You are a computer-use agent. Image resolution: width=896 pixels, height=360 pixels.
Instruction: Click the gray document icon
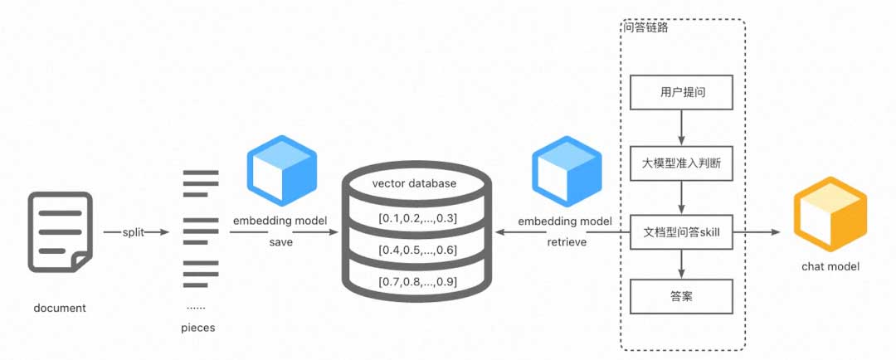tap(60, 231)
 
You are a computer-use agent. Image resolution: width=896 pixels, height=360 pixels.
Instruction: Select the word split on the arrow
tap(134, 233)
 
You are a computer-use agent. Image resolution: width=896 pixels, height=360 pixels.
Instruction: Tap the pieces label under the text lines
tap(198, 328)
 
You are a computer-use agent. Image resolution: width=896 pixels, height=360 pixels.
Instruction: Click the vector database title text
tap(414, 183)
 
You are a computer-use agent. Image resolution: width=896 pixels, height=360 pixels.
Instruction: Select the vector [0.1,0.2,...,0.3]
tap(418, 219)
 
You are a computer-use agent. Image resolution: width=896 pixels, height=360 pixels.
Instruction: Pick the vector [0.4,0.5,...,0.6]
tap(418, 251)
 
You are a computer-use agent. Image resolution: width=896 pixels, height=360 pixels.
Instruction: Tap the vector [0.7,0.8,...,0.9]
tap(418, 282)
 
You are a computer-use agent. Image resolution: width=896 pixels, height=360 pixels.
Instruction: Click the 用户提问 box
tap(681, 93)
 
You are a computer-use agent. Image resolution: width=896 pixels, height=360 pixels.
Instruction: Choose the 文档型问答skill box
tap(681, 233)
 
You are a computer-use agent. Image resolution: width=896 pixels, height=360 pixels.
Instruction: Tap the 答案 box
tap(681, 296)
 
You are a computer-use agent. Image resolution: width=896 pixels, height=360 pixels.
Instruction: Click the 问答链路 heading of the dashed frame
tap(646, 27)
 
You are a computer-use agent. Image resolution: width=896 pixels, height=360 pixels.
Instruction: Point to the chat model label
tap(830, 266)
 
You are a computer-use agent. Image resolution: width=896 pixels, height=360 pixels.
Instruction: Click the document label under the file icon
tap(60, 308)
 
